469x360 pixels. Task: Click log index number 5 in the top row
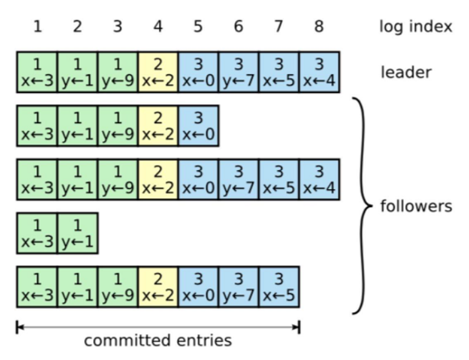point(198,27)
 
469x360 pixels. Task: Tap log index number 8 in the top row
point(319,27)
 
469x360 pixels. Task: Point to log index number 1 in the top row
point(37,27)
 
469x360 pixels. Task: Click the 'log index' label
point(415,27)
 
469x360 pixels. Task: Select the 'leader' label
point(406,72)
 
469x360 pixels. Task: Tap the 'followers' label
point(416,206)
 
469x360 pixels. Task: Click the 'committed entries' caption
point(158,341)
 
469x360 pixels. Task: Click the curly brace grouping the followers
point(361,205)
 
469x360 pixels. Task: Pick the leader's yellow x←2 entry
point(158,72)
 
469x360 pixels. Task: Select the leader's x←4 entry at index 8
point(319,72)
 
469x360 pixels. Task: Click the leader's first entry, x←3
point(37,72)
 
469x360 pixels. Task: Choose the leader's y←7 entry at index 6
point(239,72)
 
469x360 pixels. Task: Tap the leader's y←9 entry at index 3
point(117,72)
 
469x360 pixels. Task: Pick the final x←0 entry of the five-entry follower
point(198,126)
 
